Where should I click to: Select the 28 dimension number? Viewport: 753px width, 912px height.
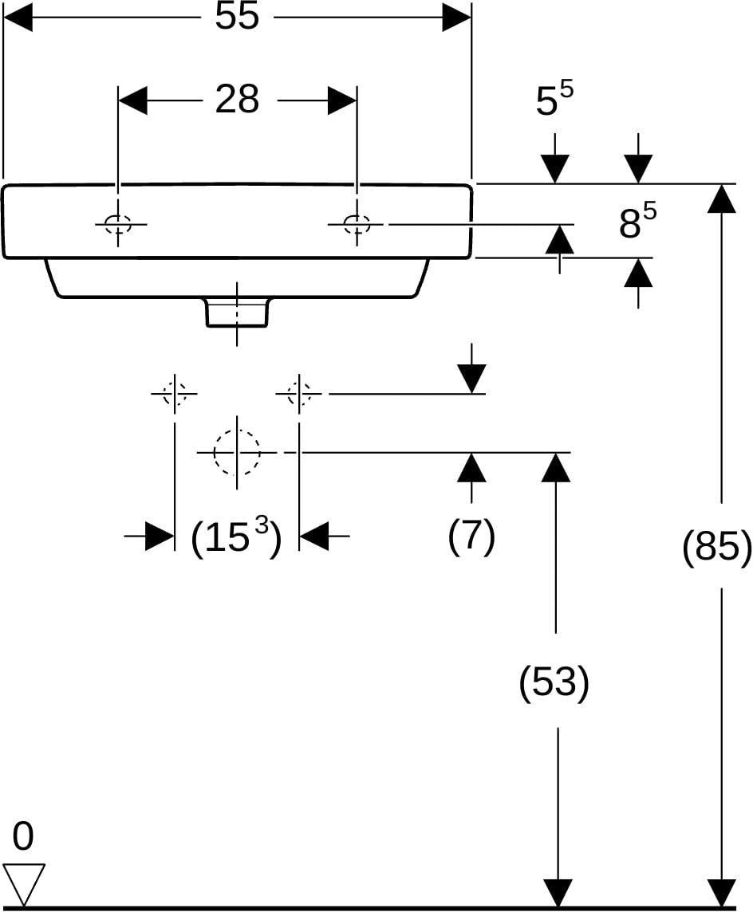click(x=237, y=100)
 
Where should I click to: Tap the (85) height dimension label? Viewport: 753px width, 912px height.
click(x=717, y=545)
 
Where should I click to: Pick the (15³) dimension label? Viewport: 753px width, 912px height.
click(x=236, y=537)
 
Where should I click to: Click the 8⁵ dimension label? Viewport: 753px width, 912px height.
click(x=637, y=221)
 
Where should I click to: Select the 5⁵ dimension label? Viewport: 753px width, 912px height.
click(x=554, y=98)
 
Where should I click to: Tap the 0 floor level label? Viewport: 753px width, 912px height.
click(x=22, y=836)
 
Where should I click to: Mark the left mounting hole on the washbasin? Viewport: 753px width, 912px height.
click(x=118, y=223)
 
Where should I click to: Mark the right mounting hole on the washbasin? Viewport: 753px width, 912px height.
click(x=357, y=223)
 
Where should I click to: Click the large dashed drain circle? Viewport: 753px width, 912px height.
click(x=236, y=451)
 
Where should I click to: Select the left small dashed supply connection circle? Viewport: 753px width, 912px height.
click(x=175, y=394)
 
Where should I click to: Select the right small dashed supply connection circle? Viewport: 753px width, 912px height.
click(x=298, y=394)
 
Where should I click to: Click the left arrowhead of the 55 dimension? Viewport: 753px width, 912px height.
click(x=18, y=17)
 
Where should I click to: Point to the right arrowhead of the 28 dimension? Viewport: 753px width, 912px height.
click(x=341, y=100)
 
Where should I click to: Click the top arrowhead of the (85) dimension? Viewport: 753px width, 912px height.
click(x=722, y=199)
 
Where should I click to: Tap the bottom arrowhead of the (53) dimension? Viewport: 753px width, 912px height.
click(x=557, y=892)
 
